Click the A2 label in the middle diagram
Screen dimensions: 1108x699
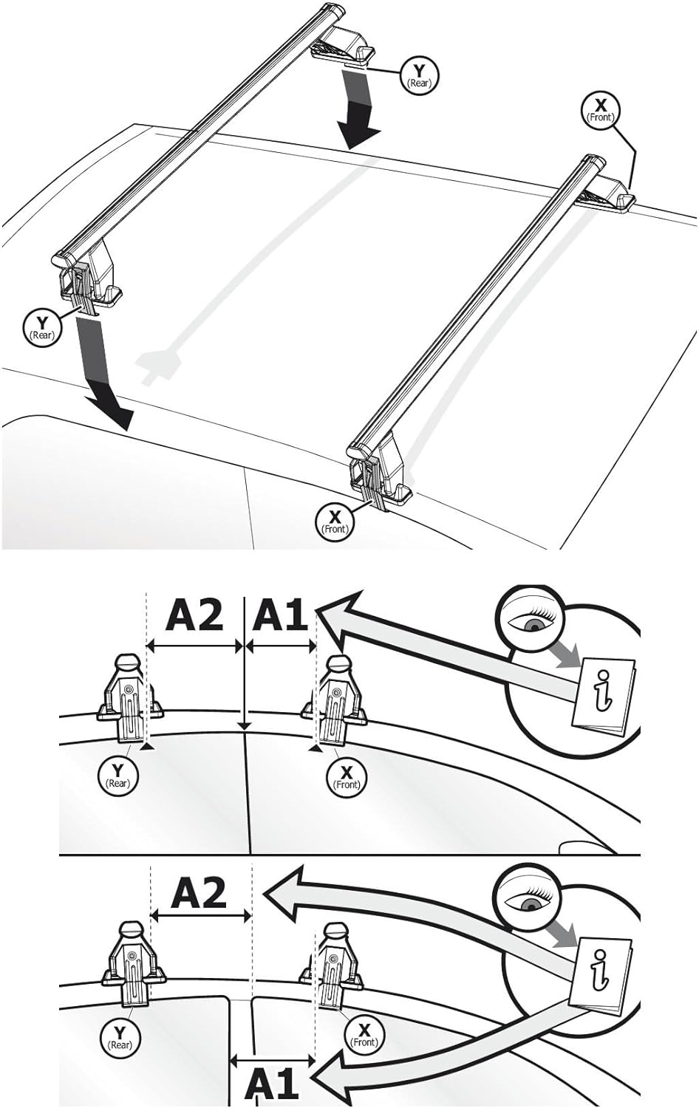[194, 615]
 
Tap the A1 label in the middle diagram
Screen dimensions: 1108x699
[279, 615]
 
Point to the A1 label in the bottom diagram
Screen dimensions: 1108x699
[272, 1084]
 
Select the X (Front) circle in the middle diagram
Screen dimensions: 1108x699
[346, 776]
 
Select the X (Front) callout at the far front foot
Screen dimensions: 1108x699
[600, 109]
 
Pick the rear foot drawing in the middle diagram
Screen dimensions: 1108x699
[126, 699]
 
